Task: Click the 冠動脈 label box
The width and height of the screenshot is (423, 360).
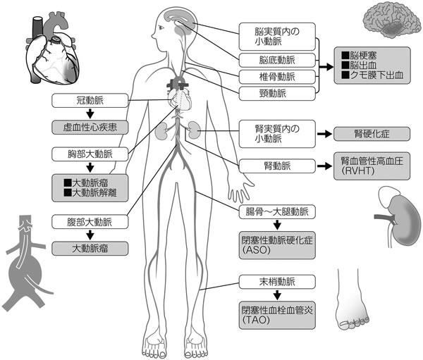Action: (90, 101)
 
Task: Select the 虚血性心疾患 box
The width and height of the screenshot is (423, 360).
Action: (90, 128)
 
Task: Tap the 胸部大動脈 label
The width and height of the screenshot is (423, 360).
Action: (90, 154)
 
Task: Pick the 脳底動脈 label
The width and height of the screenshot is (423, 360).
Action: (276, 60)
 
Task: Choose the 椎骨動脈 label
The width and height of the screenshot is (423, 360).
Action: (276, 77)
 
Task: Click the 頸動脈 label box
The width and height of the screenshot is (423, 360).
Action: (276, 93)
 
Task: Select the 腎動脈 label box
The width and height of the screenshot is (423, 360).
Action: (276, 166)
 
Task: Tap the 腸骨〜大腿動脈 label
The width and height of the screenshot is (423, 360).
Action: (276, 211)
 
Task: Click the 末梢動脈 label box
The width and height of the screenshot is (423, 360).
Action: (276, 283)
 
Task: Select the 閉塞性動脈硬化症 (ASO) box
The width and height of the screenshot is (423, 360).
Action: (276, 244)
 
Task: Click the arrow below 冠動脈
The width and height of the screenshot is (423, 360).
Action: (90, 115)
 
